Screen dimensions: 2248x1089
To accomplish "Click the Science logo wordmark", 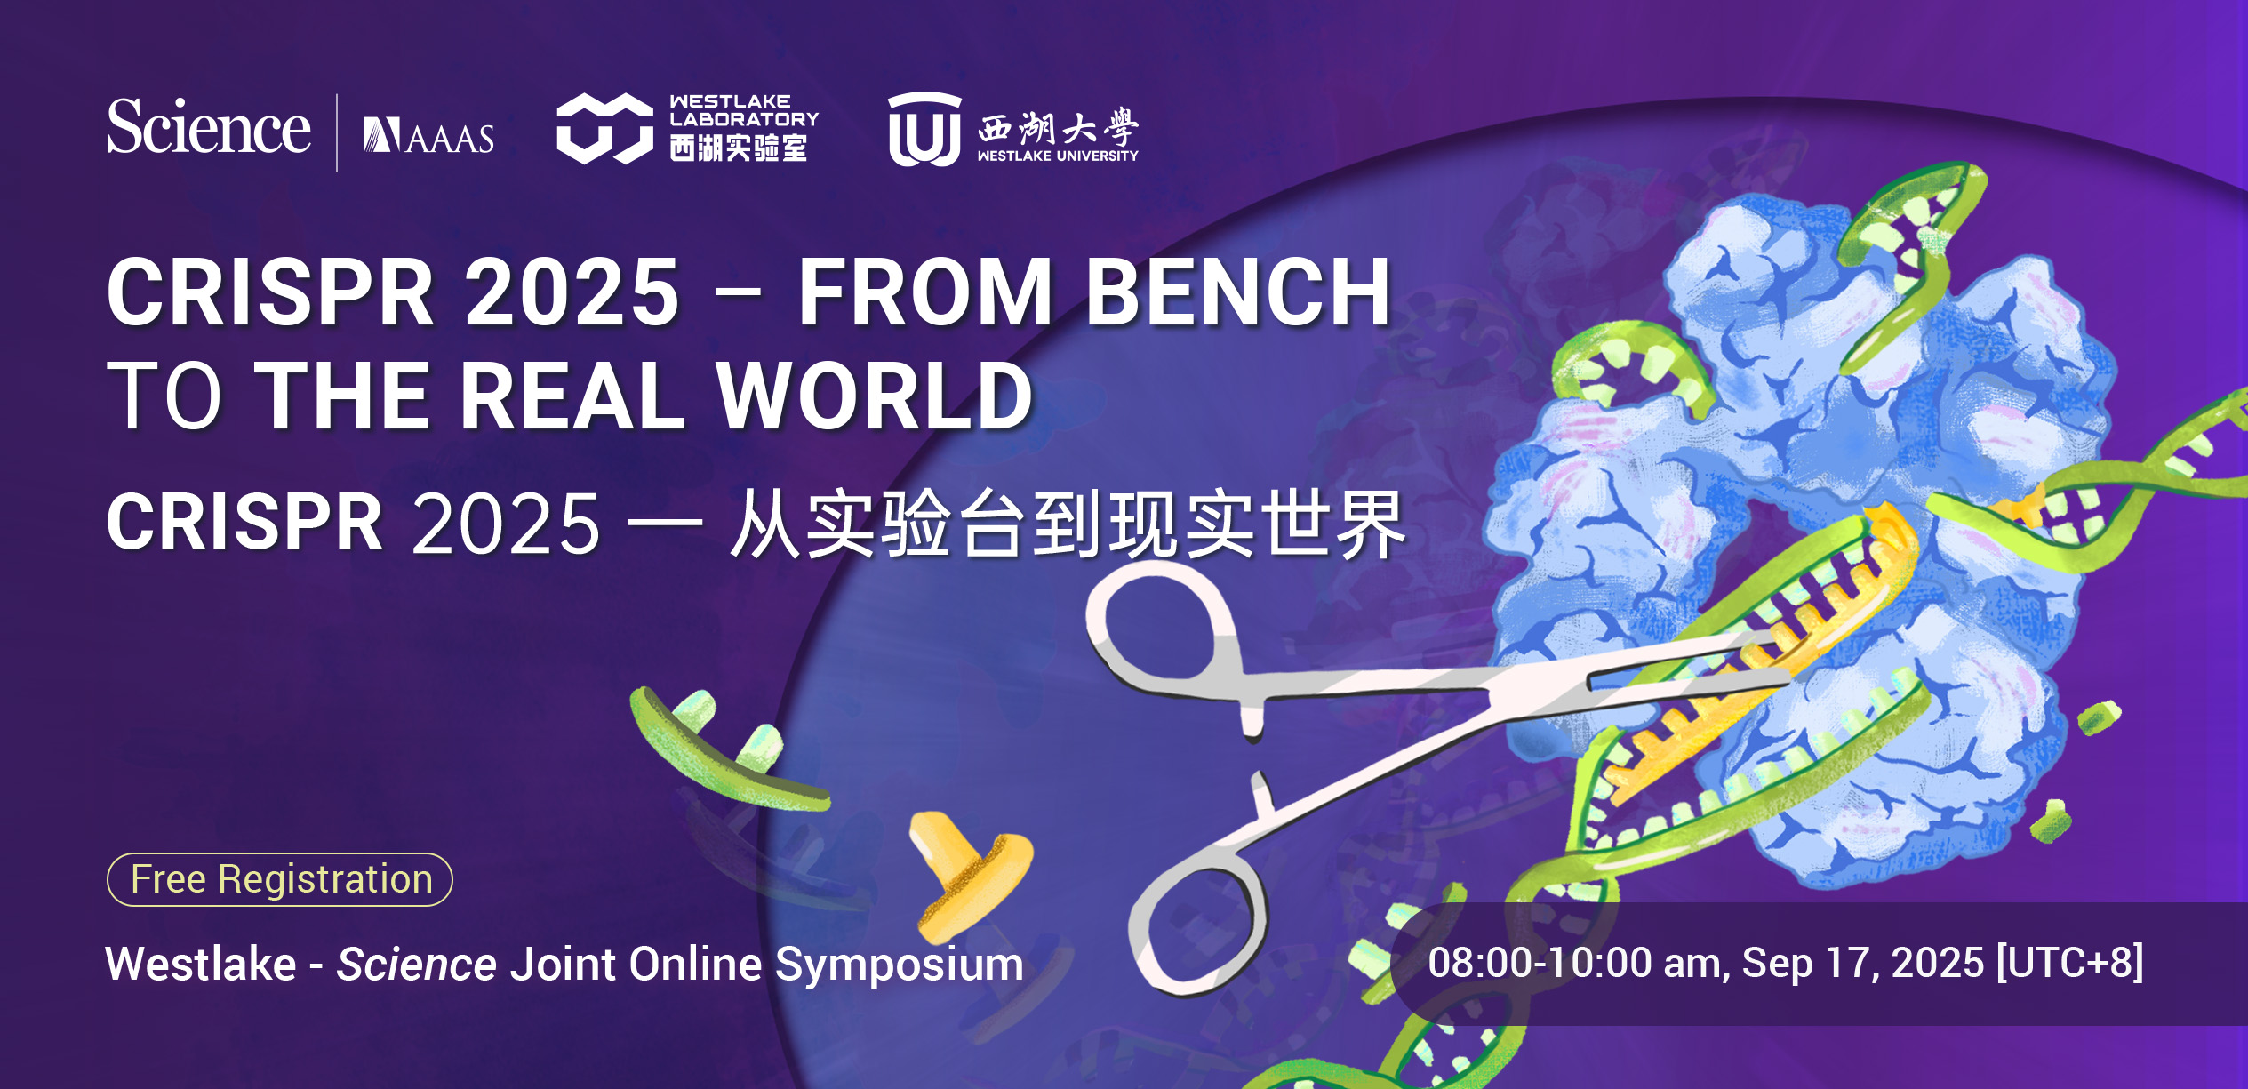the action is [209, 127].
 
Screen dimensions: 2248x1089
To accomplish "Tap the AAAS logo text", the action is [428, 136].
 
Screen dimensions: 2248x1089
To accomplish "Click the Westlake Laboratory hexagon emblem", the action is [604, 129].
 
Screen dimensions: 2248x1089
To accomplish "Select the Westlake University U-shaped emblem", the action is [924, 130].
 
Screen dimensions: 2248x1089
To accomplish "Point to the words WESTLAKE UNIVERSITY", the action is [1058, 156].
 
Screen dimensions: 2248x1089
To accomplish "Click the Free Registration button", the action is [280, 879].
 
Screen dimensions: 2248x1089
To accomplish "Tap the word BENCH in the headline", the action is [1238, 292].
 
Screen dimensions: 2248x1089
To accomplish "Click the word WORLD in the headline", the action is [875, 396].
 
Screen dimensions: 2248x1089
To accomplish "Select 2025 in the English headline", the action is [572, 292].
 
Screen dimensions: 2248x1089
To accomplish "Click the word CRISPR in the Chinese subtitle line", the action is [244, 523].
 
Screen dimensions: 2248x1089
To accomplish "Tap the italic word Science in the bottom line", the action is [416, 965].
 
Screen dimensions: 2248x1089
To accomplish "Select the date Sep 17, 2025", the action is [1862, 964].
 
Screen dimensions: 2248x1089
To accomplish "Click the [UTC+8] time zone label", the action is [2070, 963].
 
